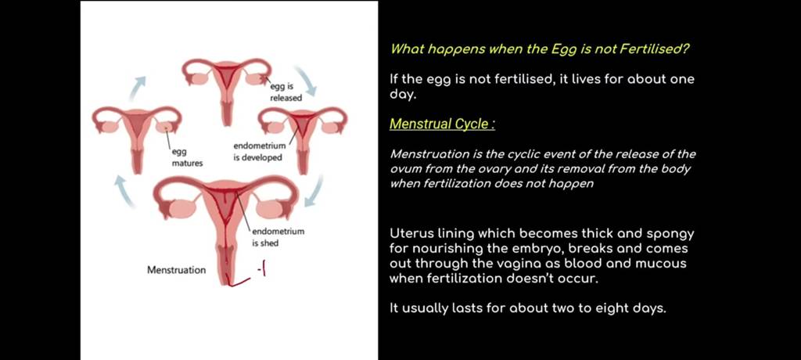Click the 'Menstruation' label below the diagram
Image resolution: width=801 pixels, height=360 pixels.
[177, 270]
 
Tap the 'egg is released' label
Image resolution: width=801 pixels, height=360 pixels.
[286, 94]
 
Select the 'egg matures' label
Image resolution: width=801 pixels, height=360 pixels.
[187, 158]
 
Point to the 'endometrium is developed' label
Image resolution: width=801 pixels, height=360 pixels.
[258, 152]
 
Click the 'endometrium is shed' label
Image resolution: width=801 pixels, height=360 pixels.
[278, 237]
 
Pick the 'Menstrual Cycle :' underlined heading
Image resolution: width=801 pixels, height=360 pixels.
[442, 124]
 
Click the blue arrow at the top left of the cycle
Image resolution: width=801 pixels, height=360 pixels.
[138, 88]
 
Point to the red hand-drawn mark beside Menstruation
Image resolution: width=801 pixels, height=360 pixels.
[244, 275]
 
